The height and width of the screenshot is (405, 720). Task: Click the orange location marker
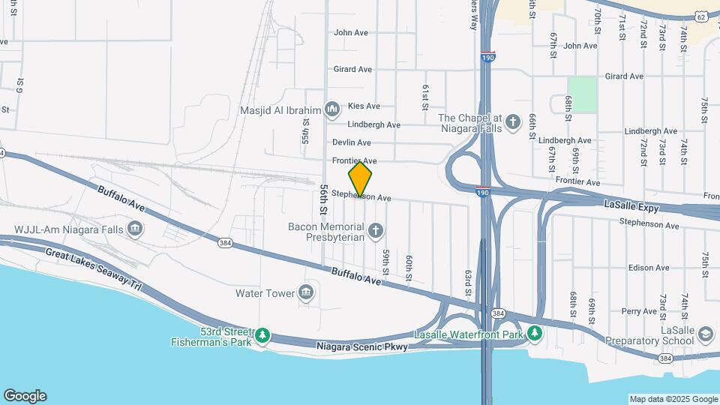[361, 178]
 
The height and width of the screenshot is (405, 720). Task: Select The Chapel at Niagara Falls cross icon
[513, 121]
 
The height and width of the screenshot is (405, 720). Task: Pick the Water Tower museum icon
[306, 292]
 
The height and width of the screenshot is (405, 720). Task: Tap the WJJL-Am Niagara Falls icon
[135, 229]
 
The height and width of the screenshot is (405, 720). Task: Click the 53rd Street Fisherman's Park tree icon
[262, 334]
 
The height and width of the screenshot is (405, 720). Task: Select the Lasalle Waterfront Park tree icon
[535, 332]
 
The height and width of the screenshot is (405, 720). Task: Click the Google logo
[25, 396]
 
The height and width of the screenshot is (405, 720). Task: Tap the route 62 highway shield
[700, 16]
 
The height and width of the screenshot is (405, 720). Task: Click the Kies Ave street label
[363, 106]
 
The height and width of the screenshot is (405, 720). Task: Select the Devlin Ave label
[352, 142]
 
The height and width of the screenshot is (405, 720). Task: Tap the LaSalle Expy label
[631, 204]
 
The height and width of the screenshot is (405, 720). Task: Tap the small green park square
[582, 94]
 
